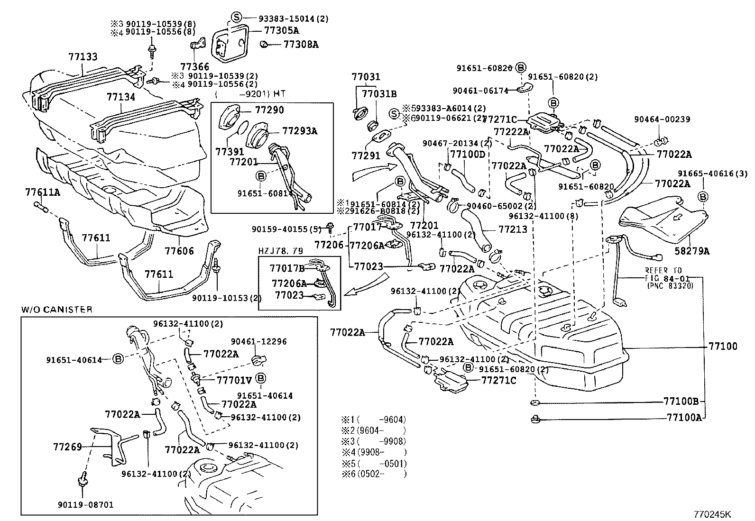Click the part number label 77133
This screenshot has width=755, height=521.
tap(83, 57)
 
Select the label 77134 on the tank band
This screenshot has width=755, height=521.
tap(121, 97)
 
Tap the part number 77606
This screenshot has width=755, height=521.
tap(179, 250)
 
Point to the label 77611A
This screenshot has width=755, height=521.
tap(43, 192)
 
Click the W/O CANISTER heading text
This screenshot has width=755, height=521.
tap(56, 310)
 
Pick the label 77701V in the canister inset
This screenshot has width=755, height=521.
tap(234, 380)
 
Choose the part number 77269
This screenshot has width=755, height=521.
tap(68, 447)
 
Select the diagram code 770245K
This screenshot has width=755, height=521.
tap(713, 514)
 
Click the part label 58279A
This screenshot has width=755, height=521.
tap(692, 251)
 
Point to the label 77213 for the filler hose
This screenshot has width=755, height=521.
tap(513, 229)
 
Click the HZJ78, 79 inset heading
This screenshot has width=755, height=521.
tap(280, 251)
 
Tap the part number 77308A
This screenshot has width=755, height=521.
tap(301, 45)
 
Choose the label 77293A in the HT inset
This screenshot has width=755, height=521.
tap(300, 131)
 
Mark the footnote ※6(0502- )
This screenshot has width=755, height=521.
tap(374, 474)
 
